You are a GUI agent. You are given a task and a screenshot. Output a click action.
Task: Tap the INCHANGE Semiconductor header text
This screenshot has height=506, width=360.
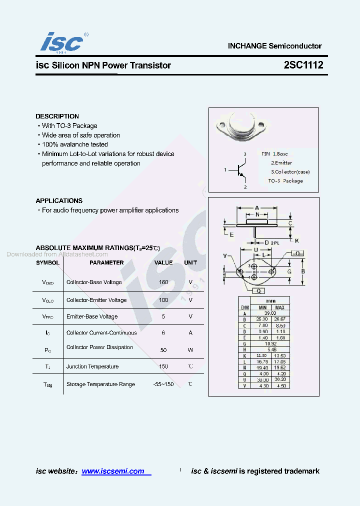click(x=274, y=45)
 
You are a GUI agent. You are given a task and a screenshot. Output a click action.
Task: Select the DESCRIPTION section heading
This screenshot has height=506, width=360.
click(x=57, y=116)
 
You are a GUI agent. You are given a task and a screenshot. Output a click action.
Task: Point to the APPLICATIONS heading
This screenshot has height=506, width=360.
click(x=59, y=200)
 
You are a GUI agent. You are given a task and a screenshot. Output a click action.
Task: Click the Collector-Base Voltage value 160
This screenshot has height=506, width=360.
click(x=163, y=282)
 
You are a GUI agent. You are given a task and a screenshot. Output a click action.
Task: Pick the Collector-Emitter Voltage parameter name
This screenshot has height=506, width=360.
click(x=96, y=300)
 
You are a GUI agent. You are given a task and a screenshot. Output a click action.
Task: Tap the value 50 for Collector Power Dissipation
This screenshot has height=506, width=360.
click(x=163, y=350)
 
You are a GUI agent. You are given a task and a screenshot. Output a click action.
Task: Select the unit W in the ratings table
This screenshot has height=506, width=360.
click(x=190, y=350)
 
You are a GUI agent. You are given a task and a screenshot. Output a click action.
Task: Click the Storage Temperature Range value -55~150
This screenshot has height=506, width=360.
click(x=163, y=384)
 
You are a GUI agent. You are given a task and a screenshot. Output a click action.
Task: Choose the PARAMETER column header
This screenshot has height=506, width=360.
click(x=106, y=262)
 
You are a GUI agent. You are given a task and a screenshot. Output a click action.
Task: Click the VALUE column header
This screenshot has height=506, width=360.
click(x=163, y=262)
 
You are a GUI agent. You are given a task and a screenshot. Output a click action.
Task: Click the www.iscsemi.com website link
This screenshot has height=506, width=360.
click(x=113, y=471)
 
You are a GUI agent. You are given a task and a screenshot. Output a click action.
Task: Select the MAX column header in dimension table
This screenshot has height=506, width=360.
click(x=279, y=307)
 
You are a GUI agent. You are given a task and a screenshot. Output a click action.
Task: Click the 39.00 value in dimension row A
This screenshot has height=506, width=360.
click(x=270, y=313)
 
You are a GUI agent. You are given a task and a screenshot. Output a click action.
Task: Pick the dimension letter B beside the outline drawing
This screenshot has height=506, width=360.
click(x=302, y=271)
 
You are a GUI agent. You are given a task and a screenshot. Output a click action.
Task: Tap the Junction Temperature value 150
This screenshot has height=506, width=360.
click(x=163, y=366)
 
